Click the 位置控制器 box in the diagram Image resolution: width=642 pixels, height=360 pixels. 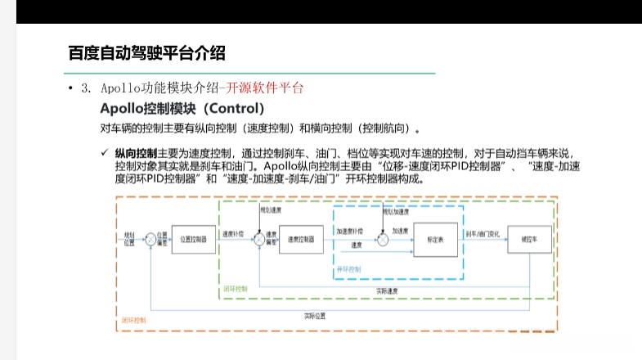pos(194,239)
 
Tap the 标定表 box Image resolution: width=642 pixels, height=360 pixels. pos(436,239)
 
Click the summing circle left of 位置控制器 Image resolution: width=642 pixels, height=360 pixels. pos(150,239)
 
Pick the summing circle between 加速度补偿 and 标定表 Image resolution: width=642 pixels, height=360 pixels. pos(382,239)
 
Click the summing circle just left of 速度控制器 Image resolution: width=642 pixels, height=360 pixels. pos(259,239)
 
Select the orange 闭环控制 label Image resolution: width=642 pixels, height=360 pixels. pos(135,321)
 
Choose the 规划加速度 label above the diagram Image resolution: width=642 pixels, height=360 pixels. pos(396,210)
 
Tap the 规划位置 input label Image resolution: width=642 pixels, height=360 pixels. pos(128,238)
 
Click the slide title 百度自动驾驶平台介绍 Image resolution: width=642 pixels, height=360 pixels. pos(146,53)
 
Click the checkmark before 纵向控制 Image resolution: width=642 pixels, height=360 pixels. pos(105,152)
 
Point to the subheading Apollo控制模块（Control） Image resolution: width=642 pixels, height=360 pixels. pos(182,109)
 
